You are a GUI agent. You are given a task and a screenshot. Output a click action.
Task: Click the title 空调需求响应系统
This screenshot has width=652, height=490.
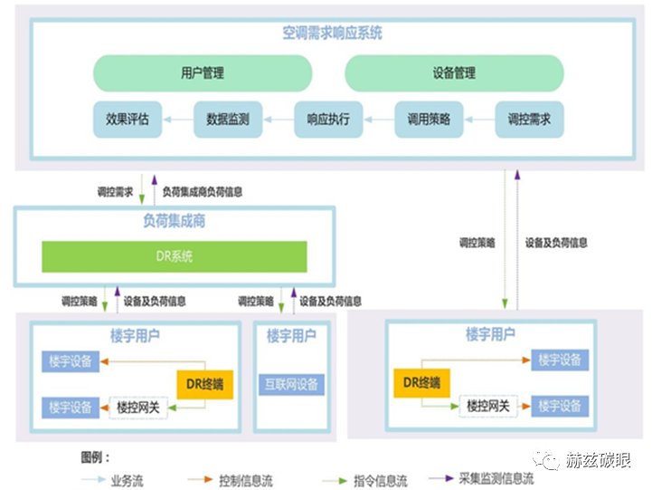click(332, 34)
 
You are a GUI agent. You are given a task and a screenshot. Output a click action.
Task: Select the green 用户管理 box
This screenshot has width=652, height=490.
click(203, 73)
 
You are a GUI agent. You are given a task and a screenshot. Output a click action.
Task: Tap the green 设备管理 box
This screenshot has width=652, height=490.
click(454, 73)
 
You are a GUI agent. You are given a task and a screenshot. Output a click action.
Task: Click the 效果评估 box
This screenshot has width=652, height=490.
click(128, 119)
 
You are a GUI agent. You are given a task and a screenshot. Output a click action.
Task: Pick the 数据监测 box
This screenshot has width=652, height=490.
click(228, 119)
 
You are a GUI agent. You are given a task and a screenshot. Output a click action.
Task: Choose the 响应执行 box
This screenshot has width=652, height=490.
click(328, 119)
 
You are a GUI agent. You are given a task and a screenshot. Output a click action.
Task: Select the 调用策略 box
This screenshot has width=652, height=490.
click(429, 119)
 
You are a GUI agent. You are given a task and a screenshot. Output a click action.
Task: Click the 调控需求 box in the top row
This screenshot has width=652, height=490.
click(529, 119)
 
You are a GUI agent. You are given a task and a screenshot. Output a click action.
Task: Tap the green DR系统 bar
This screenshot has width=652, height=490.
click(175, 257)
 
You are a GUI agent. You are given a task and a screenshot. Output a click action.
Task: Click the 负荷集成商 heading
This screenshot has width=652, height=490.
click(174, 222)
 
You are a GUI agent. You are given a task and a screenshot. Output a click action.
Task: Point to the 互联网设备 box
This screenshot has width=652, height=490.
click(290, 384)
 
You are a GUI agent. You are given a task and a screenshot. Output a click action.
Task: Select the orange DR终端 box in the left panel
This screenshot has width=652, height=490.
click(201, 385)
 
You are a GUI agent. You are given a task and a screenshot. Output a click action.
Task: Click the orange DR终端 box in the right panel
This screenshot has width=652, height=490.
click(423, 383)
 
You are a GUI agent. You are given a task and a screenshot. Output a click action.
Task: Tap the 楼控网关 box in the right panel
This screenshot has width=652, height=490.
click(489, 406)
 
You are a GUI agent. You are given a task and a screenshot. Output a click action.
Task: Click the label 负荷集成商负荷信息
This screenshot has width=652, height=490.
click(203, 192)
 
